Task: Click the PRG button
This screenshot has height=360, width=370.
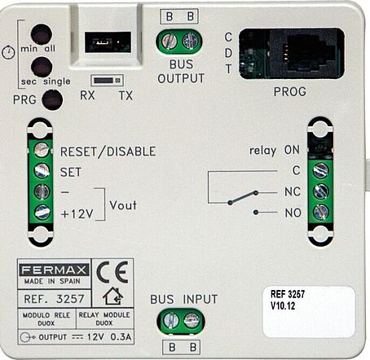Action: point(52,100)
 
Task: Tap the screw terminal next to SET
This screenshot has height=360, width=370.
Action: point(42,171)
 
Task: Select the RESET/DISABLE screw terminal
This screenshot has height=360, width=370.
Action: point(42,150)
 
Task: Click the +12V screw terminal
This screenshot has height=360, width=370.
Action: point(42,212)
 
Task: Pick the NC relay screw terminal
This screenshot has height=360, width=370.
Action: point(320,191)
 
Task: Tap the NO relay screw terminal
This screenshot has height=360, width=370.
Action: point(321,212)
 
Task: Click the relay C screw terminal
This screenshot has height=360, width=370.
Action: point(320,170)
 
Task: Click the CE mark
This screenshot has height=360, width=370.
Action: point(112,272)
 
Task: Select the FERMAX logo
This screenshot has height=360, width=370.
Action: point(54,270)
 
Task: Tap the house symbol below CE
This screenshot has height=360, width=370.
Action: point(112,296)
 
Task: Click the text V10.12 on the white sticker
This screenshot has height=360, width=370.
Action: point(283,306)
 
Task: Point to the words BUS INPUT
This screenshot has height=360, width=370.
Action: point(184,300)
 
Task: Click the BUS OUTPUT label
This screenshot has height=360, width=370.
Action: point(181,72)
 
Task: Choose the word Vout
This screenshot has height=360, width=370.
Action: point(123,205)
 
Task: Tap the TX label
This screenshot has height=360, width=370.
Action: point(126,95)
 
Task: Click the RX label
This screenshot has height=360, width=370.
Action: point(87,95)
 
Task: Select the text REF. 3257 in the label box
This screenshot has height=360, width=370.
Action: point(54,299)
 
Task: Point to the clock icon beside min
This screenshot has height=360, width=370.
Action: point(8,52)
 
